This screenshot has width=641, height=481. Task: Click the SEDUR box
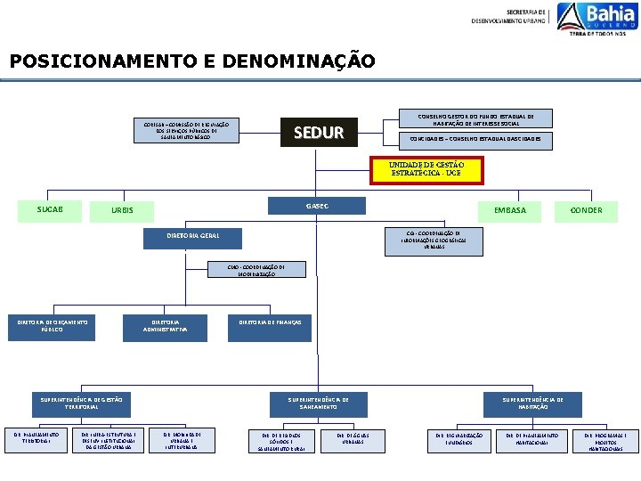click(318, 133)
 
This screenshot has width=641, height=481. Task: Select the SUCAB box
click(49, 209)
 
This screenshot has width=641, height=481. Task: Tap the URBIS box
click(122, 211)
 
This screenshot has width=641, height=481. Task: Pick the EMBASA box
click(510, 210)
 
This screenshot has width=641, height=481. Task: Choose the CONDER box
click(587, 210)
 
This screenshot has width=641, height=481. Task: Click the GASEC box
click(317, 206)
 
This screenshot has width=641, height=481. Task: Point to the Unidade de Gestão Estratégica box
click(426, 169)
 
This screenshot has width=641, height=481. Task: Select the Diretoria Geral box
click(192, 236)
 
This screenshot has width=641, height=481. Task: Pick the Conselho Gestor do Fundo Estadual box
click(476, 118)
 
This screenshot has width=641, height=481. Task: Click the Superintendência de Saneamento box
click(318, 403)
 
